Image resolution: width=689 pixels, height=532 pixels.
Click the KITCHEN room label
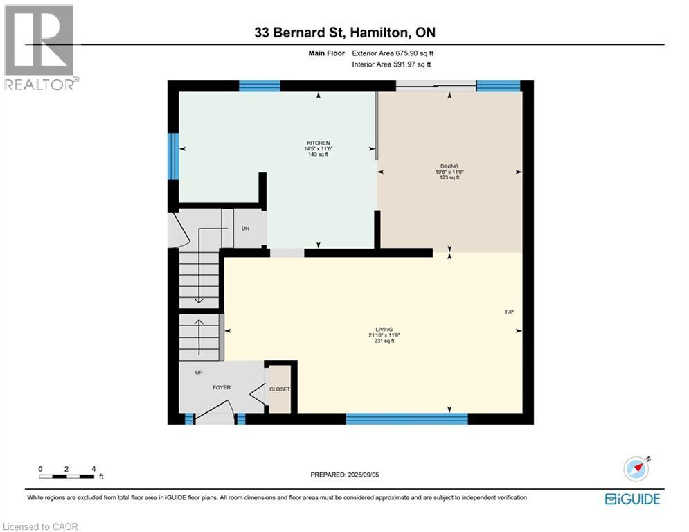(318, 143)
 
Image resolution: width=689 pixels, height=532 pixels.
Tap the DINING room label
(449, 166)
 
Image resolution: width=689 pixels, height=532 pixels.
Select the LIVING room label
(384, 329)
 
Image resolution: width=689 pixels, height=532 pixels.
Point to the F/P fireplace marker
(509, 312)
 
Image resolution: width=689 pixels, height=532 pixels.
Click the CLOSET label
(280, 389)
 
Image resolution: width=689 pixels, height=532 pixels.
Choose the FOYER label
(222, 387)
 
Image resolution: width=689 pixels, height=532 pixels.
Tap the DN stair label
(246, 228)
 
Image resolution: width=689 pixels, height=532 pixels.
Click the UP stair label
(199, 373)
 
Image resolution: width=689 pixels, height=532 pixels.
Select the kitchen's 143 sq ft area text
(318, 154)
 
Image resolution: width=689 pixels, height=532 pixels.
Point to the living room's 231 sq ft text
(384, 341)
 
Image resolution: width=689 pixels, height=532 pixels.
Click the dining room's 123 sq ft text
(449, 177)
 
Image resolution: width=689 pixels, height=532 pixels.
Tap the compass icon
(636, 469)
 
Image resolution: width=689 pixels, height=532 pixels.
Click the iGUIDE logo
(632, 499)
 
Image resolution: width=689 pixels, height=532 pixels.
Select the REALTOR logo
(40, 48)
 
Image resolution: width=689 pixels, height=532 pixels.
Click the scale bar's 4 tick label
(93, 469)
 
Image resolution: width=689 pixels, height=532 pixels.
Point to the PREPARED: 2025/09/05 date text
(345, 475)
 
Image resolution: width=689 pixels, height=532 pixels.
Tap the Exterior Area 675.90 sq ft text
(393, 53)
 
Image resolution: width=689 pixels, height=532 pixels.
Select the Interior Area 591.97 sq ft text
(391, 64)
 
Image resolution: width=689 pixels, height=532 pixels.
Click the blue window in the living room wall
(407, 418)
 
